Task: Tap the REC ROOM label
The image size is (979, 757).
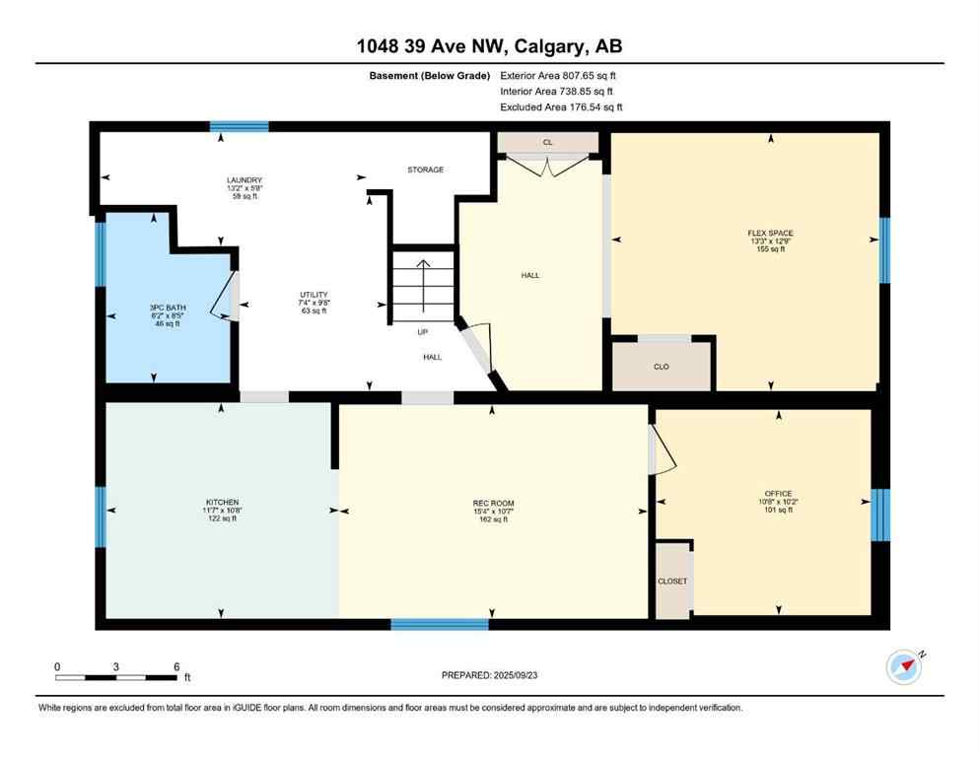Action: coord(490,503)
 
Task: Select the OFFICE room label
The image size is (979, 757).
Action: coord(778,494)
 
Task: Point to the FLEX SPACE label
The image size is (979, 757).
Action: coord(770,233)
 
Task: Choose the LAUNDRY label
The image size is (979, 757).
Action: coord(244,179)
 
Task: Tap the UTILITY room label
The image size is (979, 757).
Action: coord(314,295)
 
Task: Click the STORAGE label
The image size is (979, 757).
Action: coord(426,170)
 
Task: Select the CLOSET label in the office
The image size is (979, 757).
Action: coord(672,582)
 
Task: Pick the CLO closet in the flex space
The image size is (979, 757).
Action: coord(662,367)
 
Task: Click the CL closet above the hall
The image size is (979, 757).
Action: coord(548,143)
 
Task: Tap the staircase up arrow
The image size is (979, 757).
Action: coord(422,281)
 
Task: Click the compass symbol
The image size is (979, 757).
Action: coord(904,666)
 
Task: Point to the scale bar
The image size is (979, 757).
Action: coord(116,677)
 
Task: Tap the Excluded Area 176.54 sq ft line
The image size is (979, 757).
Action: coord(561,106)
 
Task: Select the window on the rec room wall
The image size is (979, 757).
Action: coord(440,624)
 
